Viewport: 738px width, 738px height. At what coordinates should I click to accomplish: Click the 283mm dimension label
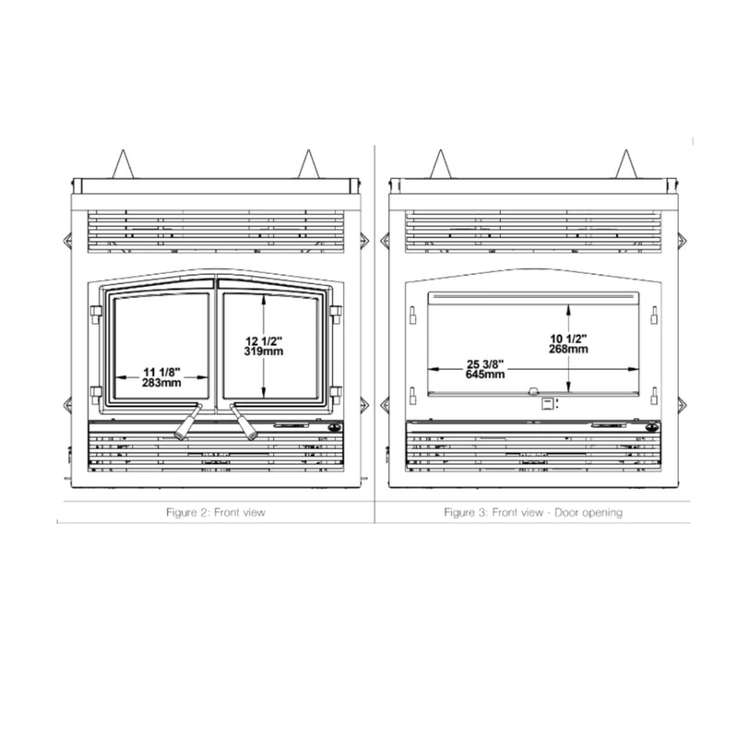point(161,383)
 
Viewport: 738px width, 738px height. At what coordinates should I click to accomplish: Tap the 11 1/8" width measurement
point(161,371)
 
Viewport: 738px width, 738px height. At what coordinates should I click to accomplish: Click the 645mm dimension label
point(485,375)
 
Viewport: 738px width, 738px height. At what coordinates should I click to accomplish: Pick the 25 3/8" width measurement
point(485,363)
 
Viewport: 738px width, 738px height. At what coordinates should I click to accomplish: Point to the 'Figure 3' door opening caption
point(532,511)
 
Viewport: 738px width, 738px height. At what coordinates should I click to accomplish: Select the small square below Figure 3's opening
point(547,403)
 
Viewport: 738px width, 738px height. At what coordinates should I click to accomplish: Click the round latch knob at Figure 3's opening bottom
point(533,391)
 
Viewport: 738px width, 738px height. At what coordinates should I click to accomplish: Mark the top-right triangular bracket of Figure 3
point(629,165)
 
